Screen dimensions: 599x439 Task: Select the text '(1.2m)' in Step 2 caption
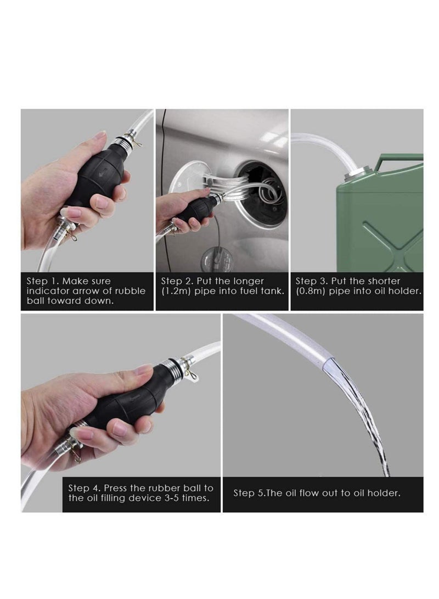[176, 291]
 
